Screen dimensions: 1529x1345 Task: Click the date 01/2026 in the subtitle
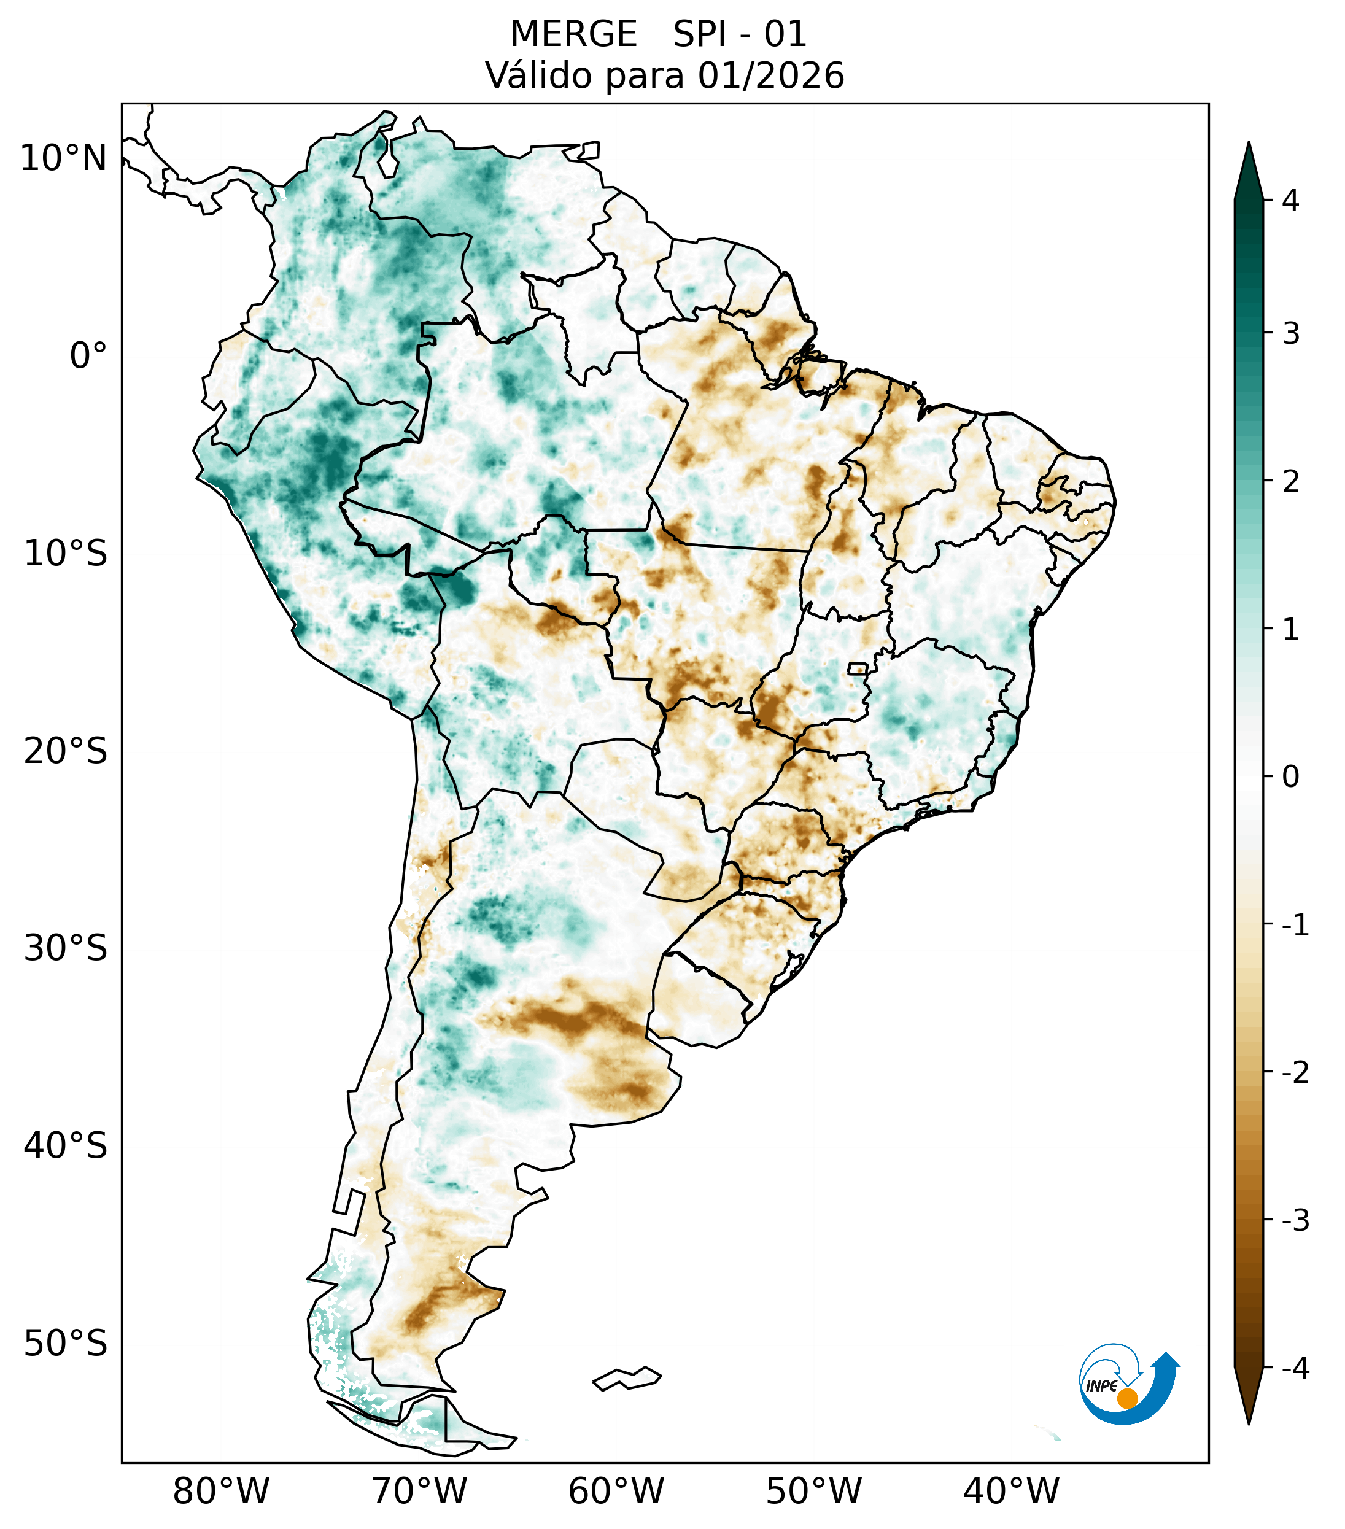[x=770, y=75]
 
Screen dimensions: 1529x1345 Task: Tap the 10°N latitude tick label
[x=64, y=158]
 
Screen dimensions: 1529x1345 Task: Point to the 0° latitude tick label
[x=88, y=356]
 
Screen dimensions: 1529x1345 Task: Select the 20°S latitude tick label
[x=66, y=751]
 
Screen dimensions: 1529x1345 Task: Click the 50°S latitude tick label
[x=66, y=1344]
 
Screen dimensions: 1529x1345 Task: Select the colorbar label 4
[x=1290, y=201]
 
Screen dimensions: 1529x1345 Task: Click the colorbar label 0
[x=1290, y=777]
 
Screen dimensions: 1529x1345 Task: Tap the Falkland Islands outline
[x=627, y=1379]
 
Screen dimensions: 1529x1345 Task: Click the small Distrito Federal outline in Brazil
[x=858, y=668]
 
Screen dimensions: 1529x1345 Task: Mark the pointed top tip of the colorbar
[x=1248, y=144]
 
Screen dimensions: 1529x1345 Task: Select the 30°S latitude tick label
[x=66, y=948]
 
